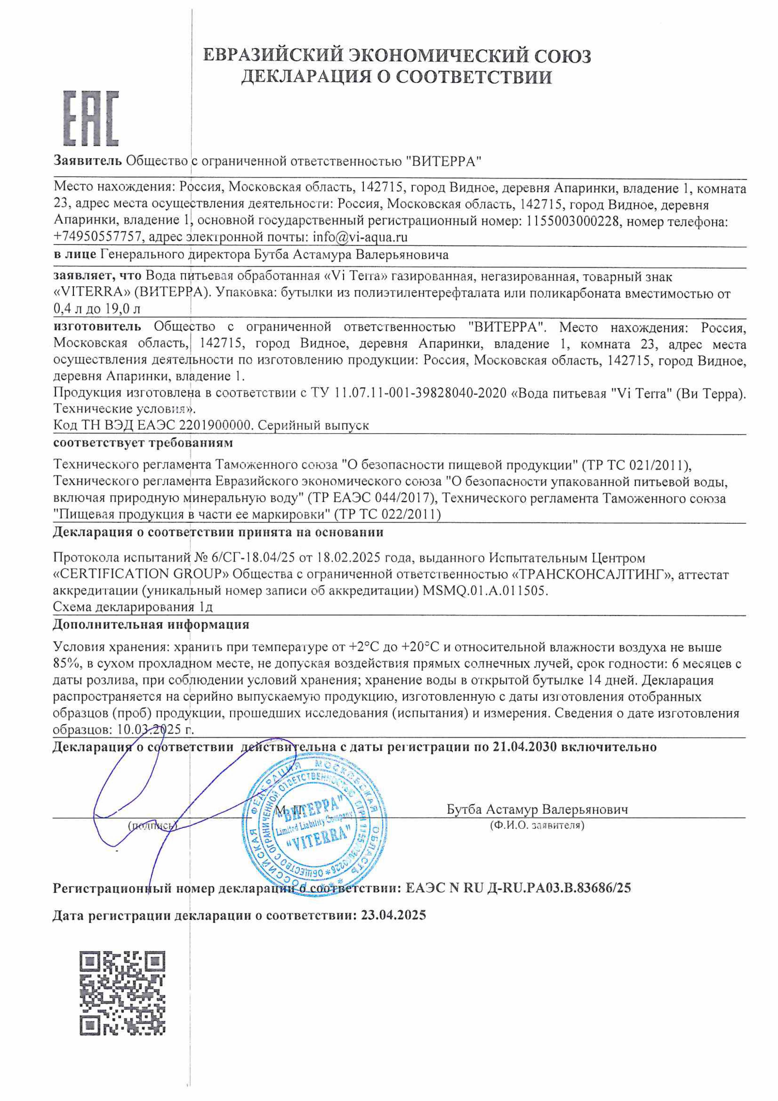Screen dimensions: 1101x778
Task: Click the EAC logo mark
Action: point(91,118)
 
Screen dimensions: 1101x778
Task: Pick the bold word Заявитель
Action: point(88,161)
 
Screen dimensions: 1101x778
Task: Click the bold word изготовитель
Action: point(97,327)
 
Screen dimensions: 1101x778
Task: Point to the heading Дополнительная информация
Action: point(151,624)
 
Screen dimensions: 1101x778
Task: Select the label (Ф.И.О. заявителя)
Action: point(537,825)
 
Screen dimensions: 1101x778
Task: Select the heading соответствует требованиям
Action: point(143,442)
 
